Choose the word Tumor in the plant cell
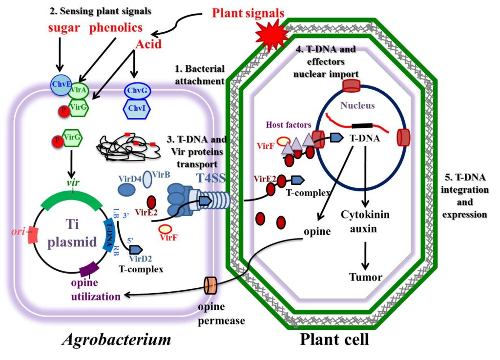pyautogui.click(x=366, y=277)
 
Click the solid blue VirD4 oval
pyautogui.click(x=127, y=190)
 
